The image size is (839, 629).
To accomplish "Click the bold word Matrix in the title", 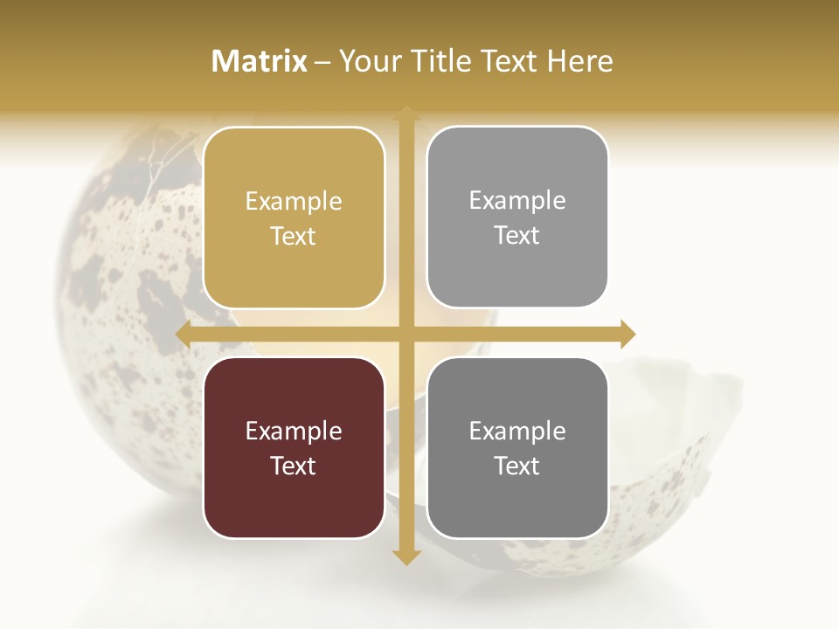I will coord(260,61).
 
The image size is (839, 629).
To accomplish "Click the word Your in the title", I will coord(367,61).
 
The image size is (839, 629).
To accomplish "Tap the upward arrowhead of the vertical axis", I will coord(406,114).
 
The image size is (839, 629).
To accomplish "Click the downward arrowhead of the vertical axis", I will coord(406,556).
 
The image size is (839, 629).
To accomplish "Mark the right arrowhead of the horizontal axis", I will coord(627,334).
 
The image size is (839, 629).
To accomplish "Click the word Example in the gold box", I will coord(294,202).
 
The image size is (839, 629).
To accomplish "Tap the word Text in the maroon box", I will coord(294,466).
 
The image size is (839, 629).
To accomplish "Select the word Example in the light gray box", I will coord(517,201).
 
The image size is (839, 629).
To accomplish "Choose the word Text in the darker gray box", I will coord(517,466).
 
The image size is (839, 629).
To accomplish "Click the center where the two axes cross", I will coord(406,334).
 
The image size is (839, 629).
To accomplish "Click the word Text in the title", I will coord(511,61).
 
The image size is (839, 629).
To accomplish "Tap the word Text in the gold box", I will coord(294,236).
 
